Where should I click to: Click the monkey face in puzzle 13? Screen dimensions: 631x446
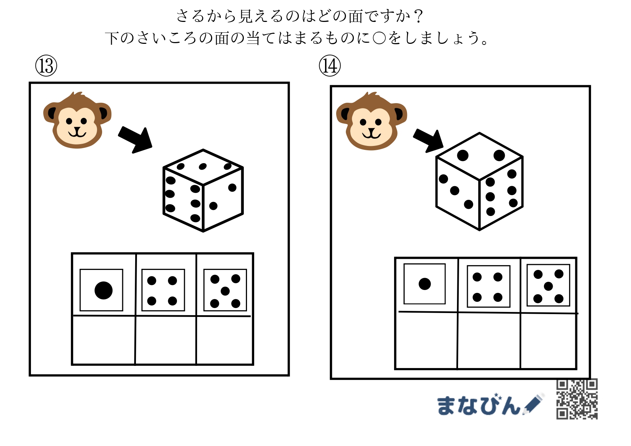tap(77, 120)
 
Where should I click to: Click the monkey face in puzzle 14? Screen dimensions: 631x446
tap(371, 121)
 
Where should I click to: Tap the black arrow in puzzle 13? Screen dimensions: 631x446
tap(136, 139)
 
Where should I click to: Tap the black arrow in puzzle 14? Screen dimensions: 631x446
tap(428, 141)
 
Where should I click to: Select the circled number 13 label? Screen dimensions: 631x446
tap(46, 66)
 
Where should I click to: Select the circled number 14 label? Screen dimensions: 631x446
tap(330, 66)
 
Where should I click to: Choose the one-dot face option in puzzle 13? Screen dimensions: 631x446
tap(101, 290)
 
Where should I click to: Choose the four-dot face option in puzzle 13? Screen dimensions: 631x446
tap(163, 290)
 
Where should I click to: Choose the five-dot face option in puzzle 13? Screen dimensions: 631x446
tap(225, 290)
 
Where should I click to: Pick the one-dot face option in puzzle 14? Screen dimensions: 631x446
tap(425, 284)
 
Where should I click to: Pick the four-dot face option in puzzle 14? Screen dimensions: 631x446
tap(489, 286)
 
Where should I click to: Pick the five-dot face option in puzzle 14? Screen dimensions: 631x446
tap(548, 285)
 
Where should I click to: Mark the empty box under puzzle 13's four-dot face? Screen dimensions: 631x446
tap(166, 340)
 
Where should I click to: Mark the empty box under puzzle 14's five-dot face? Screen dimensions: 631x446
tap(548, 341)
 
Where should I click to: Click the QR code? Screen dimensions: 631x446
tap(577, 399)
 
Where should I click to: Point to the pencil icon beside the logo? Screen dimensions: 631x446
tap(533, 404)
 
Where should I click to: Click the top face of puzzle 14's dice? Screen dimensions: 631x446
tap(479, 156)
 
